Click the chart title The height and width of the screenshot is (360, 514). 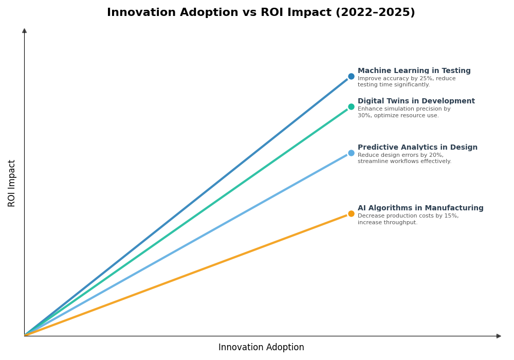coord(261,13)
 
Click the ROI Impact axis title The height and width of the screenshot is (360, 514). coord(12,183)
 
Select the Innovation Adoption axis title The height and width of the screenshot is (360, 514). coord(261,348)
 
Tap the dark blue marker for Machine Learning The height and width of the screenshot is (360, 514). coord(351,76)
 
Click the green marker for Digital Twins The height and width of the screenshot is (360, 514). coord(351,106)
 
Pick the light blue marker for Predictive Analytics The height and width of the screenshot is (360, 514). coord(351,153)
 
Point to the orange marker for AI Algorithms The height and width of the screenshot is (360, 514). coord(351,213)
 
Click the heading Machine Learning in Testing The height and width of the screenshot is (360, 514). coord(414,71)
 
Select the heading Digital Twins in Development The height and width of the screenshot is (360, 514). coord(416,101)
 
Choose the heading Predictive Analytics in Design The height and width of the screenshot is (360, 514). coord(417,148)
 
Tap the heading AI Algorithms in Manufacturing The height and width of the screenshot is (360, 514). coord(420,208)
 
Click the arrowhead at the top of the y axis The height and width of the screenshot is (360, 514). coord(24,31)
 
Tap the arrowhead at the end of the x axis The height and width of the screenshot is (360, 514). coord(498,336)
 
